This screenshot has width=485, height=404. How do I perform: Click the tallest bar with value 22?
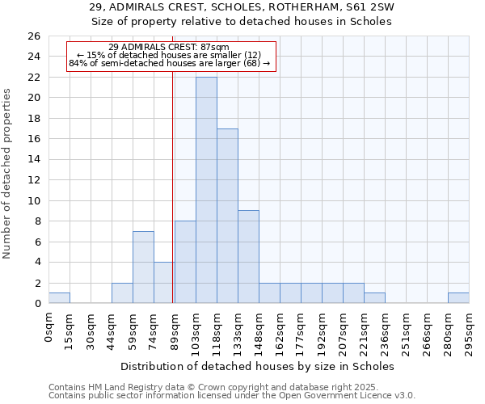[x=206, y=190]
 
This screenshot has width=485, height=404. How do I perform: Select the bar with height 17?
[x=227, y=216]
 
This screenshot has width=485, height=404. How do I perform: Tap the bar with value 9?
[x=248, y=257]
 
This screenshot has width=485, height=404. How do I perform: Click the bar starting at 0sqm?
[x=59, y=298]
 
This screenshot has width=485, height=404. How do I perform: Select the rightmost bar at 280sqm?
[x=458, y=298]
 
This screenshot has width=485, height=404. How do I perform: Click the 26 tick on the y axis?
[x=34, y=36]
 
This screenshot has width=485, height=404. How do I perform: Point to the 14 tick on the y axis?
[x=34, y=160]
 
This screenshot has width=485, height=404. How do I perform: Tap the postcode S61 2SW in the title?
[x=373, y=7]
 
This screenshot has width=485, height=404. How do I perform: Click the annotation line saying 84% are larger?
[x=169, y=63]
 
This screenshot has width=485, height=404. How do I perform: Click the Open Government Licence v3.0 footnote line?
[x=232, y=395]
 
